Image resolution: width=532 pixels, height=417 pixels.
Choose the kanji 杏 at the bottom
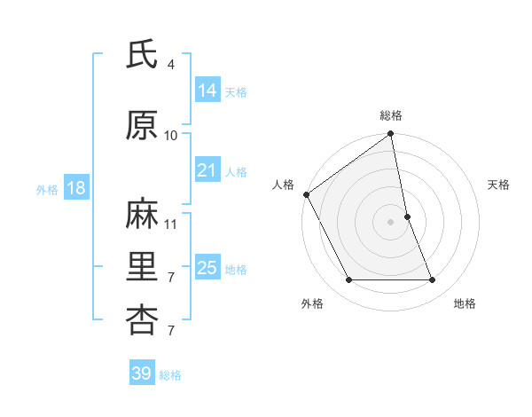coord(141,319)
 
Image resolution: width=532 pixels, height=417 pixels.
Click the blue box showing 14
coord(207,90)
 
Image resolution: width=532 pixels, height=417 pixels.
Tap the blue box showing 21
coord(207,170)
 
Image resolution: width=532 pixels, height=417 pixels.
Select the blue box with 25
coord(207,268)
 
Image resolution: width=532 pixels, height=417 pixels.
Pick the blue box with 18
coord(75,188)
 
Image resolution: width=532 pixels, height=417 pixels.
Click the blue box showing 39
coord(141,374)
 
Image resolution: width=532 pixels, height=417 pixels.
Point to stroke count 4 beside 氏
coord(171,65)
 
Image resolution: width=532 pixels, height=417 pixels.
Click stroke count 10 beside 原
coord(171,135)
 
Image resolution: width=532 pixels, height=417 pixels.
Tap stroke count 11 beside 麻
coord(171,224)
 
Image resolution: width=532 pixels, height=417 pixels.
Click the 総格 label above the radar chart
coord(391,115)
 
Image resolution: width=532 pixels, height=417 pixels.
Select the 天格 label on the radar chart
coord(498,185)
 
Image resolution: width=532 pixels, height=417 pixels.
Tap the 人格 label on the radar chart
coord(284,185)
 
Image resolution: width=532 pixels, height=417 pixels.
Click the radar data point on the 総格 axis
coord(391,135)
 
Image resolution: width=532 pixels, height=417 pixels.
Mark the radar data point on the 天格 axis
coord(407,216)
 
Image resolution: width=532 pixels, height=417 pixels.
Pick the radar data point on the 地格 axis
coord(433,280)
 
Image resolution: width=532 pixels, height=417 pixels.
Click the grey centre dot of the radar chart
coord(391,221)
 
